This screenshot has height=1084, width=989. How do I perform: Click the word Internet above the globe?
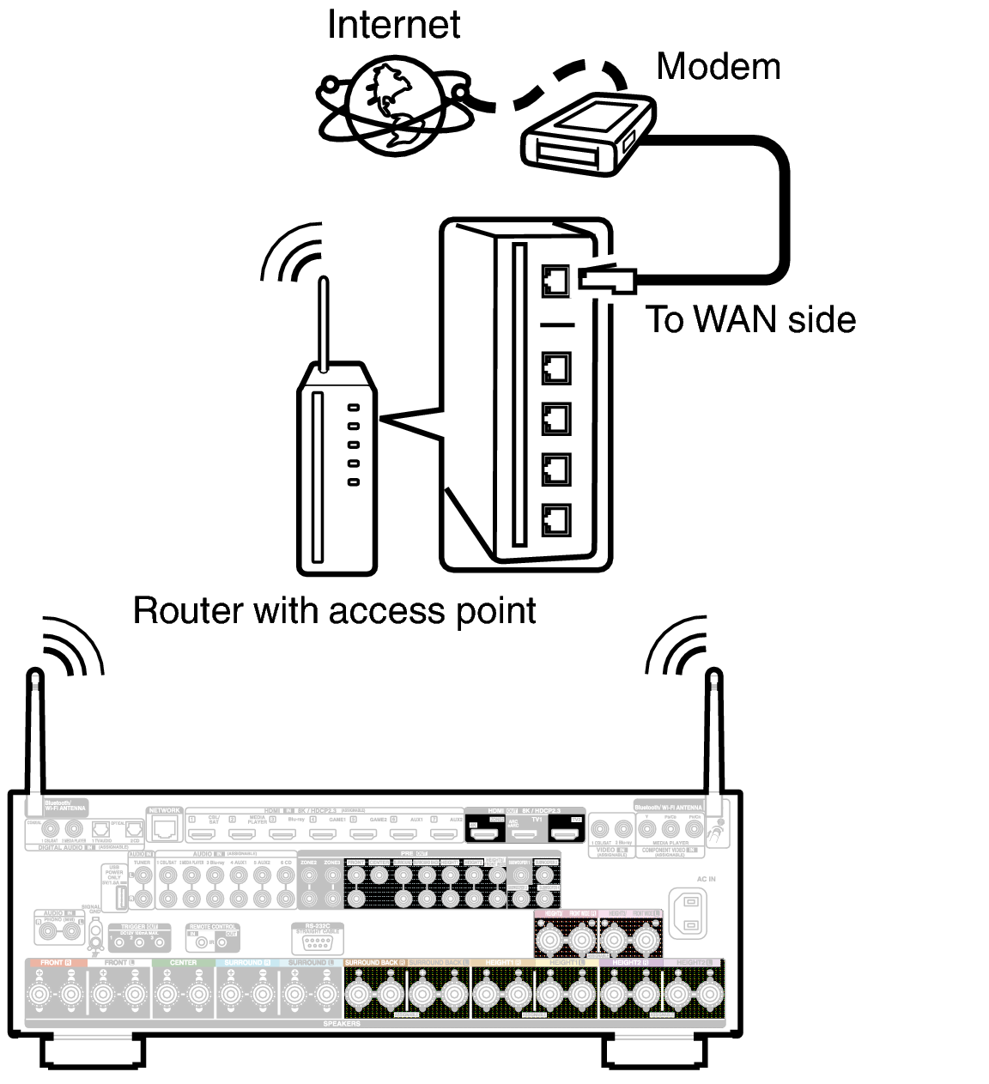(393, 24)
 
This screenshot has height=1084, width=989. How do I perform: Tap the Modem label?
(718, 67)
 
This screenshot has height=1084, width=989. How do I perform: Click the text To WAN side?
(750, 320)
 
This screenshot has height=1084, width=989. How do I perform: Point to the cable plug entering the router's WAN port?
(606, 280)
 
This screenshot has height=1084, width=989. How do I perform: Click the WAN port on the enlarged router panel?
(555, 281)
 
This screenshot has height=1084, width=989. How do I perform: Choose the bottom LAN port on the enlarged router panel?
(555, 519)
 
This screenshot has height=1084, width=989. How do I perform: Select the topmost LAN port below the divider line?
(555, 368)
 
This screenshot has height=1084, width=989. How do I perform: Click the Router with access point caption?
(334, 611)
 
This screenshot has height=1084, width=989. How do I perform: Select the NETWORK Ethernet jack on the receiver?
(164, 828)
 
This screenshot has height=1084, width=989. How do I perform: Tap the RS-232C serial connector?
(317, 942)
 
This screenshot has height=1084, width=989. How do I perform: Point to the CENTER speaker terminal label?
(183, 963)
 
